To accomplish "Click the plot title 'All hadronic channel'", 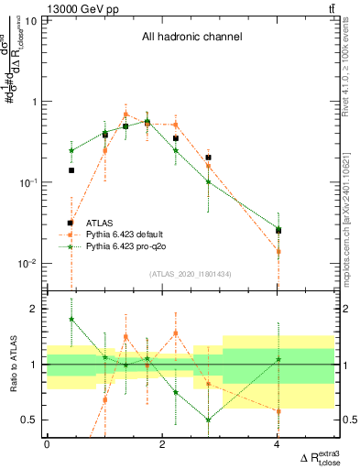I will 191,38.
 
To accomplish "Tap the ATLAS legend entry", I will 100,223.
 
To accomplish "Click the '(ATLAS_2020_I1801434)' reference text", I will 191,274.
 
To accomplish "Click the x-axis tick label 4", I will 278,444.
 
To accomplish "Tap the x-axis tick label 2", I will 162,444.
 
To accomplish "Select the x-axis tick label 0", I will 47,444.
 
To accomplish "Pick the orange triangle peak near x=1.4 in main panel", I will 125,115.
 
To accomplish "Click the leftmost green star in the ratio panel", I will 71,320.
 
